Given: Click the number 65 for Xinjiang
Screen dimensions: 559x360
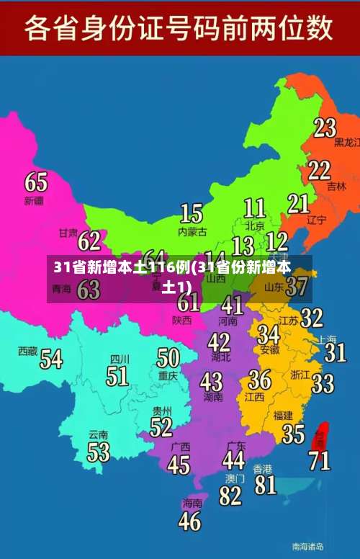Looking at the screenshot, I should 35,181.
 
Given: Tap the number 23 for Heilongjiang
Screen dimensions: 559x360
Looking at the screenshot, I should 325,128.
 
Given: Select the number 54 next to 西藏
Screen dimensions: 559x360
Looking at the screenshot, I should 50,358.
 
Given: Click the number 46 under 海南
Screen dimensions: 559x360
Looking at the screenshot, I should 189,520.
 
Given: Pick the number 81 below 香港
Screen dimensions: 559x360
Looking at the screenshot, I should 265,484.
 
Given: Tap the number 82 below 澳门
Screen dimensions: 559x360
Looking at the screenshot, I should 230,495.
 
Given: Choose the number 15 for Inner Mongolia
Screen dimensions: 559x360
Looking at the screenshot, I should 191,213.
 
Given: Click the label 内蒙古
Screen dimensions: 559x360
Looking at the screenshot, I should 192,232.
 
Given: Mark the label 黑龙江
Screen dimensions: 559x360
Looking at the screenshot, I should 347,143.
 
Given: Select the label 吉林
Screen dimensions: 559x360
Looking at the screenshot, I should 336,186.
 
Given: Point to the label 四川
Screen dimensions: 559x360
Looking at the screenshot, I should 120,359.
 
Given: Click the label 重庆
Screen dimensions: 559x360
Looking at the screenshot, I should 168,375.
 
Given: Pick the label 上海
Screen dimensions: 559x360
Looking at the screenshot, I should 327,339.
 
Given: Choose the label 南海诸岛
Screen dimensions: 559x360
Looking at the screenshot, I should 307,546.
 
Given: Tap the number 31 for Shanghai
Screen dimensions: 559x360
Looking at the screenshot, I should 335,352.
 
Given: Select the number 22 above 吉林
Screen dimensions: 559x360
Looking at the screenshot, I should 319,170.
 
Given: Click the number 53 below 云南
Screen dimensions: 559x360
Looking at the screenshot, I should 98,452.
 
